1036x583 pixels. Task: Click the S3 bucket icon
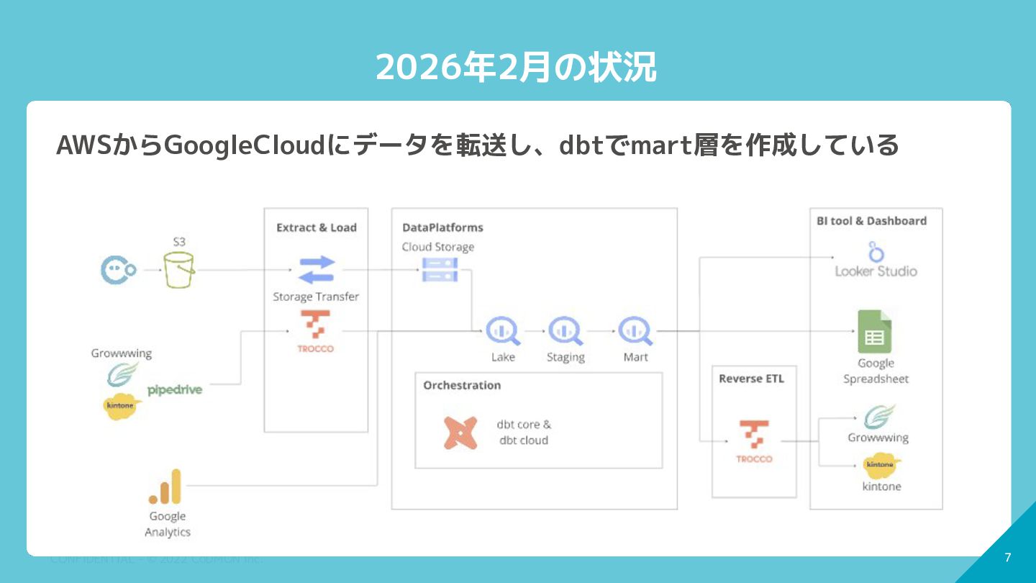(178, 270)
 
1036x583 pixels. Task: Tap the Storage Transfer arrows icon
(317, 271)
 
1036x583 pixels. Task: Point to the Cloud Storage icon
(440, 270)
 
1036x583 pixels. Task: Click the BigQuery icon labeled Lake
(502, 331)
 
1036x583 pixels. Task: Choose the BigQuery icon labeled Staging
(565, 331)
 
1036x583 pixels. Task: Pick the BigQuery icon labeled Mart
(635, 331)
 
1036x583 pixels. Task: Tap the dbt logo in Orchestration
(460, 433)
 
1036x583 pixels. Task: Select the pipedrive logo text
(175, 389)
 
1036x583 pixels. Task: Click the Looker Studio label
(876, 271)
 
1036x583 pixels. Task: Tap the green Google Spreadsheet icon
(874, 332)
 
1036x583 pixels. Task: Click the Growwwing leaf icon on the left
(122, 374)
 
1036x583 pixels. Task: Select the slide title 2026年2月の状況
(517, 68)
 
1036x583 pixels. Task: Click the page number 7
(1007, 557)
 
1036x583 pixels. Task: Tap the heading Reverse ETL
(751, 379)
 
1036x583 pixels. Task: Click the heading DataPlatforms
(442, 227)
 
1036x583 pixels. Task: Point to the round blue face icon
(117, 271)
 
